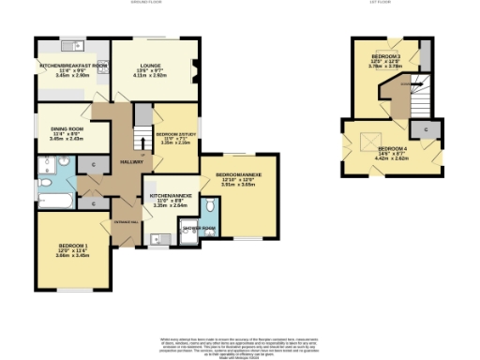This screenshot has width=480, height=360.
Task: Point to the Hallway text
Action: [130, 162]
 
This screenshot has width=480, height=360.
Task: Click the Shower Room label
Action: [198, 228]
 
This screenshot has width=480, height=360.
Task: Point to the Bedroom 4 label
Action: [393, 149]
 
